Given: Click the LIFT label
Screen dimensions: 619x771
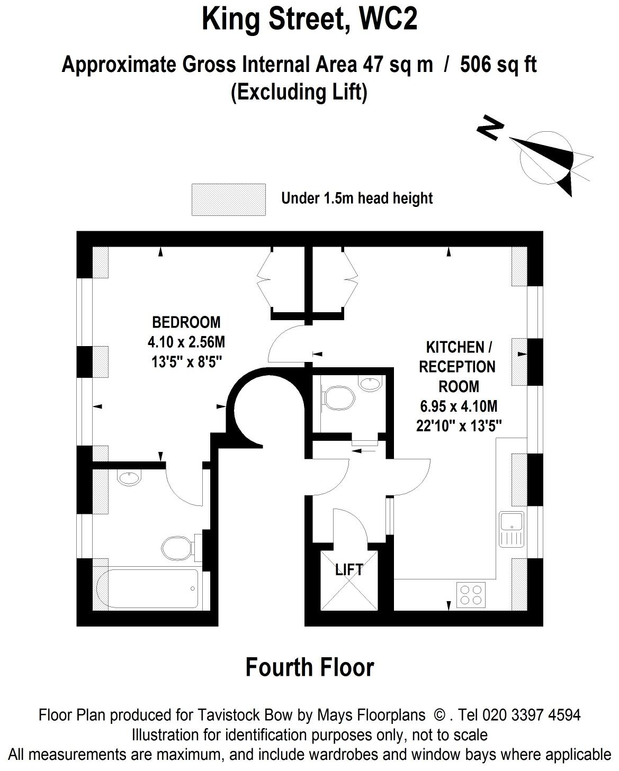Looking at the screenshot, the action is [x=348, y=569].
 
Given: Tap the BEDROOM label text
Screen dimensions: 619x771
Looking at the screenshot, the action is [x=186, y=322].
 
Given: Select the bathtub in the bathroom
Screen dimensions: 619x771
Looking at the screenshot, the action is [x=147, y=588].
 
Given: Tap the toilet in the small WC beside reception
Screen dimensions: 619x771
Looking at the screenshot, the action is [x=338, y=398].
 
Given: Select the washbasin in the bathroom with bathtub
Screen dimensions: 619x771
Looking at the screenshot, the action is [x=129, y=477].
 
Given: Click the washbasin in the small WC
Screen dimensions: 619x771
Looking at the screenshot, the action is [x=371, y=384].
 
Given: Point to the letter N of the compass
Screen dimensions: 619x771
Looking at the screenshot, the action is [x=491, y=128].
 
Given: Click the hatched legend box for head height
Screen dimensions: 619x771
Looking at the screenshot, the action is [x=228, y=199].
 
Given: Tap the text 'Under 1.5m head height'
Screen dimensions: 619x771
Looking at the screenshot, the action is [x=357, y=198].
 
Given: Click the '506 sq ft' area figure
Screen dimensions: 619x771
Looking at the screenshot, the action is [x=498, y=65].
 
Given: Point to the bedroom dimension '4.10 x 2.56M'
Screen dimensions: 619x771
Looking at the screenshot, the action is [x=186, y=342].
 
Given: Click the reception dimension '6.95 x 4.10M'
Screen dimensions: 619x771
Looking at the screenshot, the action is [x=459, y=406].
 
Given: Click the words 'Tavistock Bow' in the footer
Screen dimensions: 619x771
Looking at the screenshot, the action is [x=245, y=715].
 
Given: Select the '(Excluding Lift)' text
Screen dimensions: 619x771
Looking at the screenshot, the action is [x=299, y=93].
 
